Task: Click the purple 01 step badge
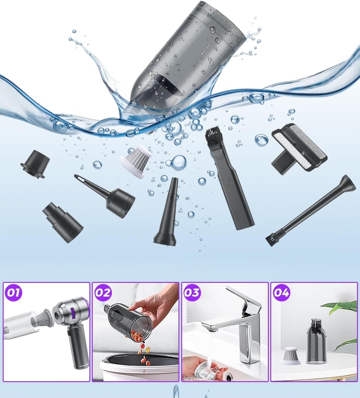[x=13, y=293]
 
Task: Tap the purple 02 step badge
[x=103, y=293]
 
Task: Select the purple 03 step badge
[x=192, y=293]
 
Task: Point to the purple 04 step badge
[x=281, y=293]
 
